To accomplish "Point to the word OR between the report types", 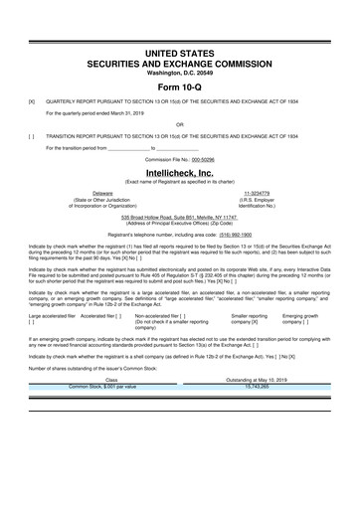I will [x=179, y=124].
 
